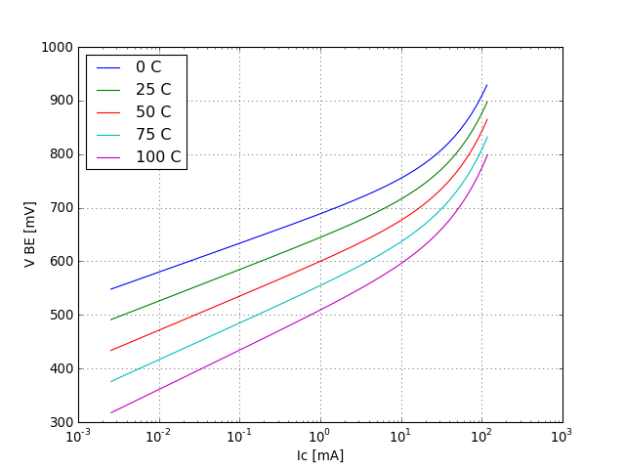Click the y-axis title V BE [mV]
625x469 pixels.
[x=30, y=234]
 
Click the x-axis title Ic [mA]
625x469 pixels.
[x=320, y=455]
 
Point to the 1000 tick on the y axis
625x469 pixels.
[x=57, y=47]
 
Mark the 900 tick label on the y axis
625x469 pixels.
[x=60, y=101]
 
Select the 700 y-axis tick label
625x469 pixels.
[x=60, y=208]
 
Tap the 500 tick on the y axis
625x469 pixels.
[x=60, y=316]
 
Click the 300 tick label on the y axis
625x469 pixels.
[x=60, y=422]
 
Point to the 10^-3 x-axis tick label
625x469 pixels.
[x=78, y=436]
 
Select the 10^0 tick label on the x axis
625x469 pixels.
[x=320, y=436]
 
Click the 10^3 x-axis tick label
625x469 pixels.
[x=562, y=436]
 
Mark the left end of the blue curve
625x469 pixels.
[x=111, y=289]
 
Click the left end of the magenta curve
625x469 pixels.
[x=111, y=412]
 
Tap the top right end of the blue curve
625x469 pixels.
[x=486, y=85]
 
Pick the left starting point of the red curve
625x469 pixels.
[x=111, y=351]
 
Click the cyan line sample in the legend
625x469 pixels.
[x=108, y=135]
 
